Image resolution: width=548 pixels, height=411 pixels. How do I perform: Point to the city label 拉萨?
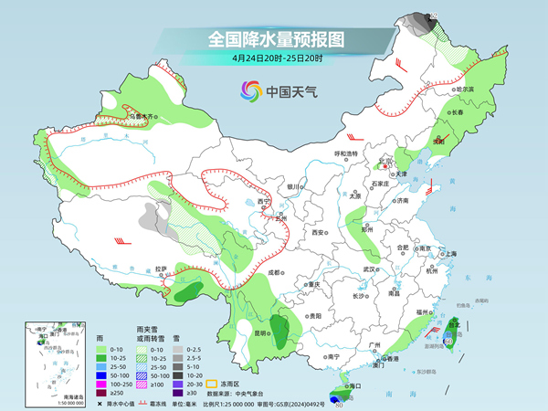coord(161,269)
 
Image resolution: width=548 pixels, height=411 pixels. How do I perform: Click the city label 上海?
coord(450,253)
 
